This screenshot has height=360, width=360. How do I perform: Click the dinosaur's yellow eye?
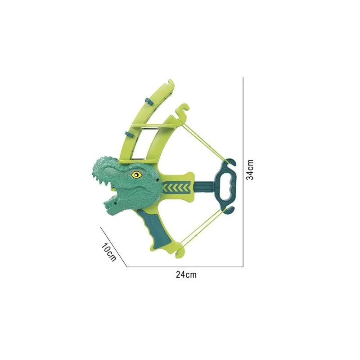[x=137, y=175]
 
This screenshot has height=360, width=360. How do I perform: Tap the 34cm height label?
[x=250, y=170]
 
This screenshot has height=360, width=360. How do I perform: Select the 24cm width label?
[x=186, y=274]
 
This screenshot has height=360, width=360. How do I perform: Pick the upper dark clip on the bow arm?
[x=148, y=101]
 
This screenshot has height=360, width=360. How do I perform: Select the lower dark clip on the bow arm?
[x=129, y=134]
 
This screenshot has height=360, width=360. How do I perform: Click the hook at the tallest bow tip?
[x=171, y=85]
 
